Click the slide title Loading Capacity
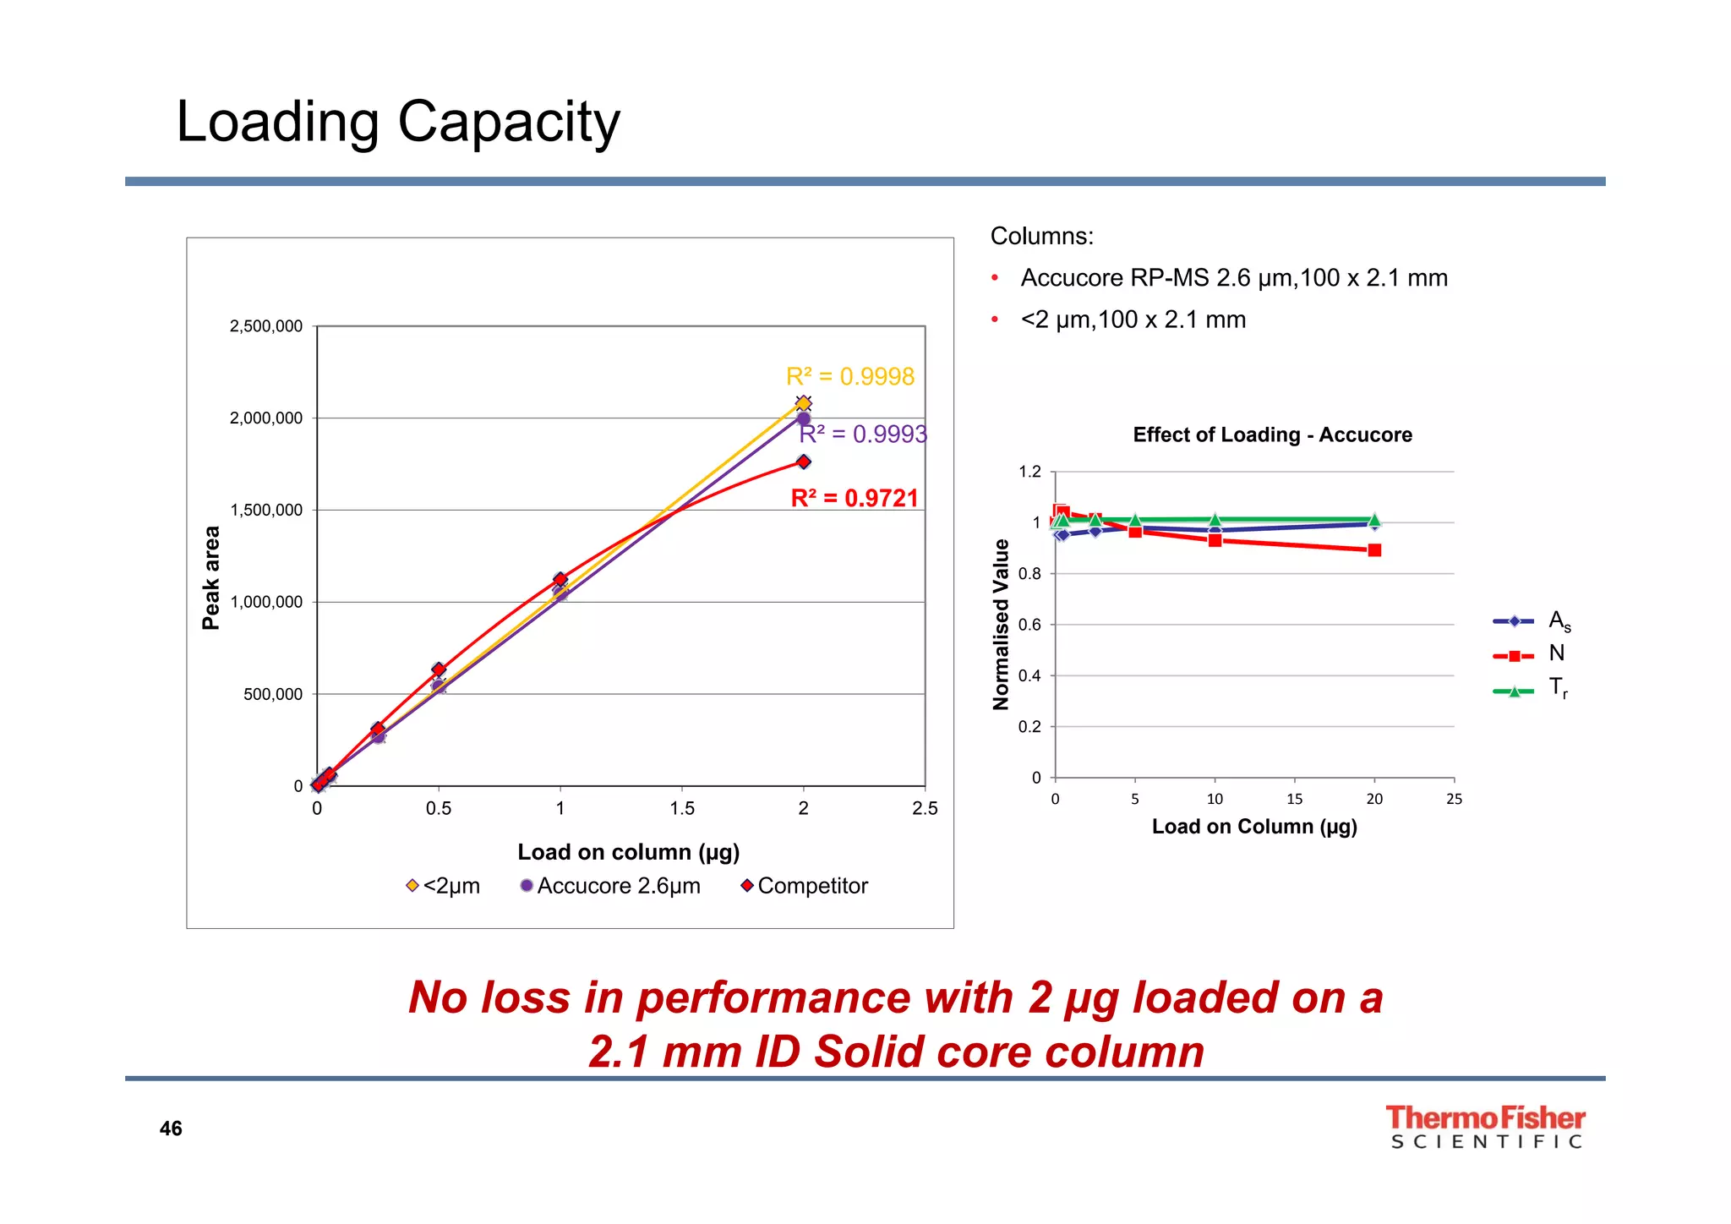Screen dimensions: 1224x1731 (x=398, y=123)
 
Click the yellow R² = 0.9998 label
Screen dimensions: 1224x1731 (x=849, y=377)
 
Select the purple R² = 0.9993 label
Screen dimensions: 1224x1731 (x=863, y=434)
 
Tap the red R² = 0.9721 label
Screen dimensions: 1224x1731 (x=854, y=499)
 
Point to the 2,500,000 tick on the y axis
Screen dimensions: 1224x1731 (x=265, y=327)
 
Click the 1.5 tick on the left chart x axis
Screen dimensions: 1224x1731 (x=682, y=809)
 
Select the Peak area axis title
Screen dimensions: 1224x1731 (x=211, y=578)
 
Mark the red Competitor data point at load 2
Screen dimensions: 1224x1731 (x=804, y=462)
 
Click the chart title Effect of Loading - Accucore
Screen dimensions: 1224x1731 (x=1272, y=435)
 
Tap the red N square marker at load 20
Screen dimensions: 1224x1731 (x=1374, y=550)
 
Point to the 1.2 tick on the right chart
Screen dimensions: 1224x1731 (x=1029, y=472)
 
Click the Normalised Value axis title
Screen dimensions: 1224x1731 (x=1002, y=625)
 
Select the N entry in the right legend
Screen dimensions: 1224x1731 (x=1555, y=653)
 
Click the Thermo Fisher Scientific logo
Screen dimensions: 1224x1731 (x=1485, y=1127)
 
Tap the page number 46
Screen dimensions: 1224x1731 (x=171, y=1129)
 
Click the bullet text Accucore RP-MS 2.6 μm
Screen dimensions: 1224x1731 (x=1233, y=278)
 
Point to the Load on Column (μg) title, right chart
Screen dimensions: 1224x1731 (x=1254, y=827)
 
